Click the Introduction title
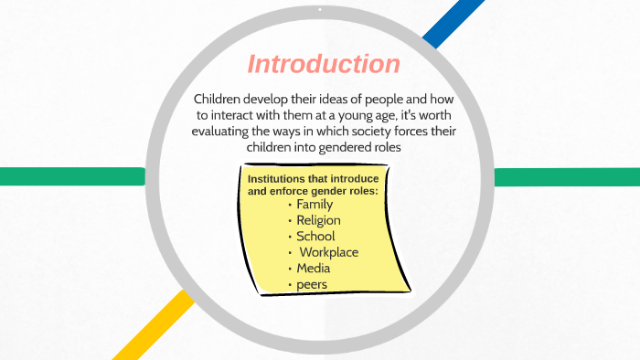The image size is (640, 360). (x=324, y=65)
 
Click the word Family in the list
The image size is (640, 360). (x=315, y=205)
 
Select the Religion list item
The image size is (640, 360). (x=318, y=220)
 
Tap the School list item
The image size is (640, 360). (x=316, y=236)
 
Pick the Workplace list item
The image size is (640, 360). (x=328, y=252)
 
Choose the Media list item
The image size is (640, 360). (x=314, y=269)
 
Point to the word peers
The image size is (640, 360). (x=312, y=285)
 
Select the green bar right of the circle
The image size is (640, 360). (x=567, y=176)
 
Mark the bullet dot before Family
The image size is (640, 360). (x=290, y=205)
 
